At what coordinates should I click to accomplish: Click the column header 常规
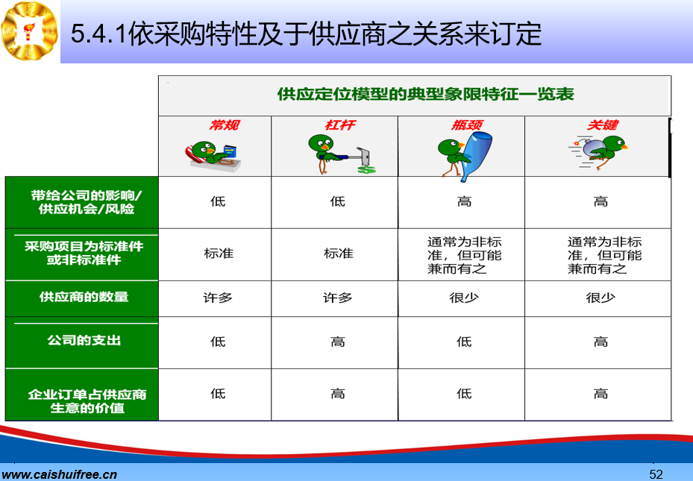(224, 125)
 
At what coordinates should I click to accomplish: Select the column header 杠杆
(340, 125)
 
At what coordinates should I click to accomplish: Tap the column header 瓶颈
(467, 125)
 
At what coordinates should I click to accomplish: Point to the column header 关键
(603, 125)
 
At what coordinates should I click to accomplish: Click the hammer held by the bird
(358, 156)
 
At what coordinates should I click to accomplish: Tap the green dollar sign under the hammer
(367, 169)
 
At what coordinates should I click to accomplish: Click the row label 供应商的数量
(84, 297)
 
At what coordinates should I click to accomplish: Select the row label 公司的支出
(84, 341)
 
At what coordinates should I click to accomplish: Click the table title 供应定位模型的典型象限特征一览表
(426, 94)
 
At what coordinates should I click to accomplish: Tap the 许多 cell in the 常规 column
(218, 298)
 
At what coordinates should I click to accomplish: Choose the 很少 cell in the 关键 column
(601, 298)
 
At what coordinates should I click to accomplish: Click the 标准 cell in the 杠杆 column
(339, 254)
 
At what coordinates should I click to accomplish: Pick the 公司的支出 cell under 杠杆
(338, 342)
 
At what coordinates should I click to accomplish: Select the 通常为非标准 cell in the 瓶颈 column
(465, 255)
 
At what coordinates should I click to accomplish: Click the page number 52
(656, 474)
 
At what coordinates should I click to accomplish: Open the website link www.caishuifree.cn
(60, 475)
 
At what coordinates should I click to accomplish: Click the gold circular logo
(30, 31)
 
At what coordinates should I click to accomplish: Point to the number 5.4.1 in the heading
(99, 34)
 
